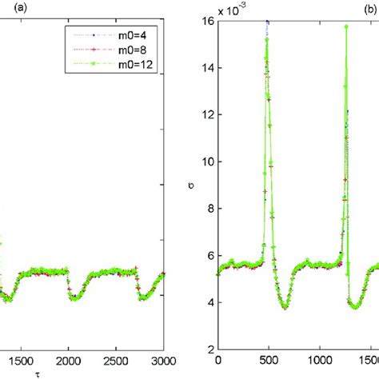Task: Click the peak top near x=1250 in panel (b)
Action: click(x=346, y=26)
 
